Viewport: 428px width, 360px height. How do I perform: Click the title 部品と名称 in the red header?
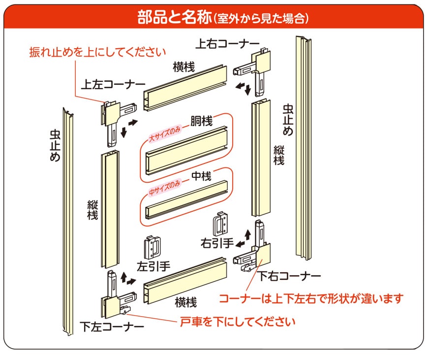[x=175, y=18]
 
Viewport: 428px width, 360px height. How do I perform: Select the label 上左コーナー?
[x=113, y=85]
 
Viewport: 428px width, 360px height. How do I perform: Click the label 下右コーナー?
[x=290, y=276]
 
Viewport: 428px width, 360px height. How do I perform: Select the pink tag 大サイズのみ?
[x=165, y=134]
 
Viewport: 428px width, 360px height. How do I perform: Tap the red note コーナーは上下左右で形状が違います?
[x=310, y=298]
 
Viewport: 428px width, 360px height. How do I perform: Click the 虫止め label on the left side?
[x=55, y=145]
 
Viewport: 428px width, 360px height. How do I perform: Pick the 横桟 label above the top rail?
[x=183, y=67]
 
